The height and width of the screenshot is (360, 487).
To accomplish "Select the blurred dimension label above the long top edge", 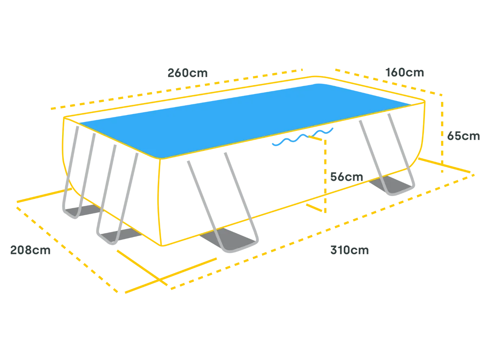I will coord(188,73).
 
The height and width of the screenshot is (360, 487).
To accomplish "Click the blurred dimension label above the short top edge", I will coord(405,72).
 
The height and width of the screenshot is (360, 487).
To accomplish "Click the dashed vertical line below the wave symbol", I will coord(326,179).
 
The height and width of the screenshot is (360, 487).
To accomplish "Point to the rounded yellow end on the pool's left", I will coord(65,150).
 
